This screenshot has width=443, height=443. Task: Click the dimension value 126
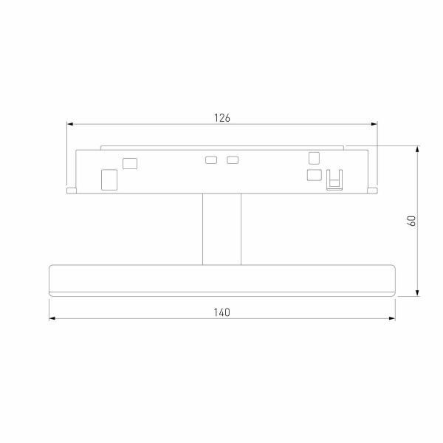point(222,117)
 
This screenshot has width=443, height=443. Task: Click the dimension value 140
point(222,312)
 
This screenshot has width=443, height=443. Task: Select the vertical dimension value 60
point(413,220)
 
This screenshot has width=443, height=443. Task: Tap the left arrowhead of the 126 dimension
point(70,124)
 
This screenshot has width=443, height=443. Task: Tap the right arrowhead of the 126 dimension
point(374,124)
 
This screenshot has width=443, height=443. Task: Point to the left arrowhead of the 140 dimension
point(52,319)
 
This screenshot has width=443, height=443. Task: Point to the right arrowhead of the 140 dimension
point(391,319)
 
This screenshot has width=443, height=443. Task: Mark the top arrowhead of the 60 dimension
point(419,150)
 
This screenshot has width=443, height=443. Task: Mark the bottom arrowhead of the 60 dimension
point(419,291)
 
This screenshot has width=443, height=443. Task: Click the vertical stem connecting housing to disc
point(221,229)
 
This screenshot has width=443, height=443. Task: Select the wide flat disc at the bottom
point(222,279)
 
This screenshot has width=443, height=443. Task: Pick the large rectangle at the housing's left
point(109,179)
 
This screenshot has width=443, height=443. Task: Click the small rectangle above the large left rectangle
point(131,162)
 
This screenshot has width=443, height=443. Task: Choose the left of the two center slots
point(211,159)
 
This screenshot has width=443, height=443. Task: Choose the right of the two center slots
point(233,159)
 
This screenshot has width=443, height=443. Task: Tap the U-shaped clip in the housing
point(335,179)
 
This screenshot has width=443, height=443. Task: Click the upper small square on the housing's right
point(314,157)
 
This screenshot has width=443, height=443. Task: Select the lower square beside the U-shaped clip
point(314,175)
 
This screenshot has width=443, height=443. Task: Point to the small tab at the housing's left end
point(71,190)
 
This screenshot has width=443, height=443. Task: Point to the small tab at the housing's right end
point(374,190)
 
